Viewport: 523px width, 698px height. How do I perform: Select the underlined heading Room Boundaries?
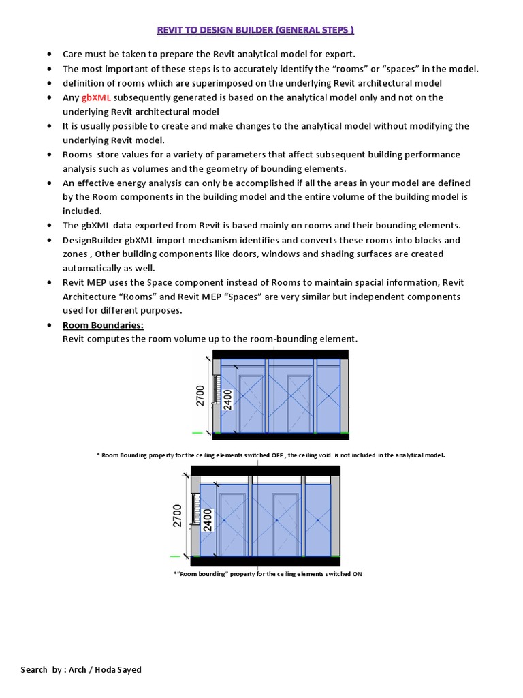(103, 326)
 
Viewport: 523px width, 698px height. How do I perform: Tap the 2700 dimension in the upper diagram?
(200, 395)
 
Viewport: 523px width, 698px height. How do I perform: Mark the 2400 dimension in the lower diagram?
(208, 519)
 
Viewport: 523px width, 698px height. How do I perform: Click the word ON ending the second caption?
(357, 574)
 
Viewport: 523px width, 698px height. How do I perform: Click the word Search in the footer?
(35, 669)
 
